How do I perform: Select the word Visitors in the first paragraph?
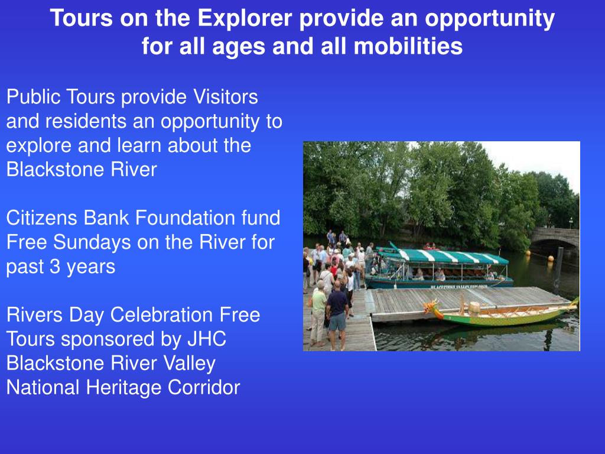point(226,97)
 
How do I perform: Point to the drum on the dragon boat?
point(474,307)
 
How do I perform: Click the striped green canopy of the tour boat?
point(449,257)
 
